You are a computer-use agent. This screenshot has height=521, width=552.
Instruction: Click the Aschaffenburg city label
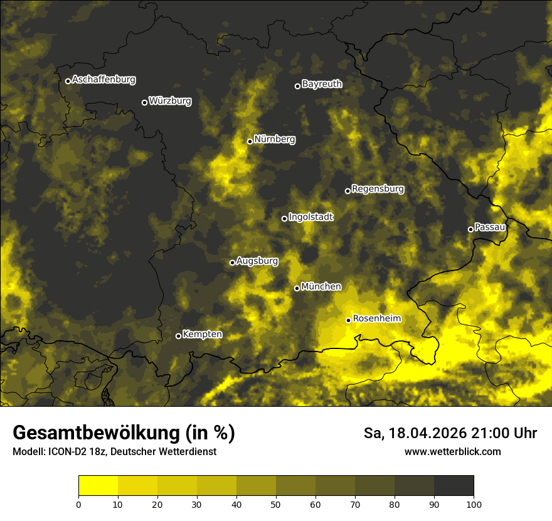(103, 80)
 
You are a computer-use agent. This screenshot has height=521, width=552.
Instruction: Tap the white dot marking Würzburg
(144, 102)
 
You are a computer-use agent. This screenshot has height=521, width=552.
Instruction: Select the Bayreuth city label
(322, 84)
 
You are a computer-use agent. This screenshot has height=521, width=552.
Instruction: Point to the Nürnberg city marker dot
(250, 141)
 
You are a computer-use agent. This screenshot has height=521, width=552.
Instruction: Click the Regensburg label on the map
(378, 189)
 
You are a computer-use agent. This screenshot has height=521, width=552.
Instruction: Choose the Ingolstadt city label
(311, 217)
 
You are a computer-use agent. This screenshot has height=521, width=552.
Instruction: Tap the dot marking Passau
(470, 229)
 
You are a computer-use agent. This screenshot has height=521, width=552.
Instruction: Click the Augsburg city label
(257, 261)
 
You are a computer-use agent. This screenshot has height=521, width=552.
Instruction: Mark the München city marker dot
(297, 289)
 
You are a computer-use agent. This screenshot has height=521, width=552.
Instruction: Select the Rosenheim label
(376, 319)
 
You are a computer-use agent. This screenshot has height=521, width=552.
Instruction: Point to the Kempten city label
(202, 335)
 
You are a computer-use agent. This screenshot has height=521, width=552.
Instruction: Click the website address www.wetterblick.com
(452, 451)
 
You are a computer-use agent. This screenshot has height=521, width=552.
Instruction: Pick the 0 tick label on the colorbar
(78, 504)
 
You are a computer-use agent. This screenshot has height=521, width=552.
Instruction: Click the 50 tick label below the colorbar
(276, 504)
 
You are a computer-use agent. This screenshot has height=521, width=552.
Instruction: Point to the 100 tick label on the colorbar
(474, 504)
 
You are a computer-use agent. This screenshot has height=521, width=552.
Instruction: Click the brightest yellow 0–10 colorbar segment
(98, 486)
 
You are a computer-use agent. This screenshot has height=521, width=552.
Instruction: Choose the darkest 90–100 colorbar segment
(454, 486)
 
